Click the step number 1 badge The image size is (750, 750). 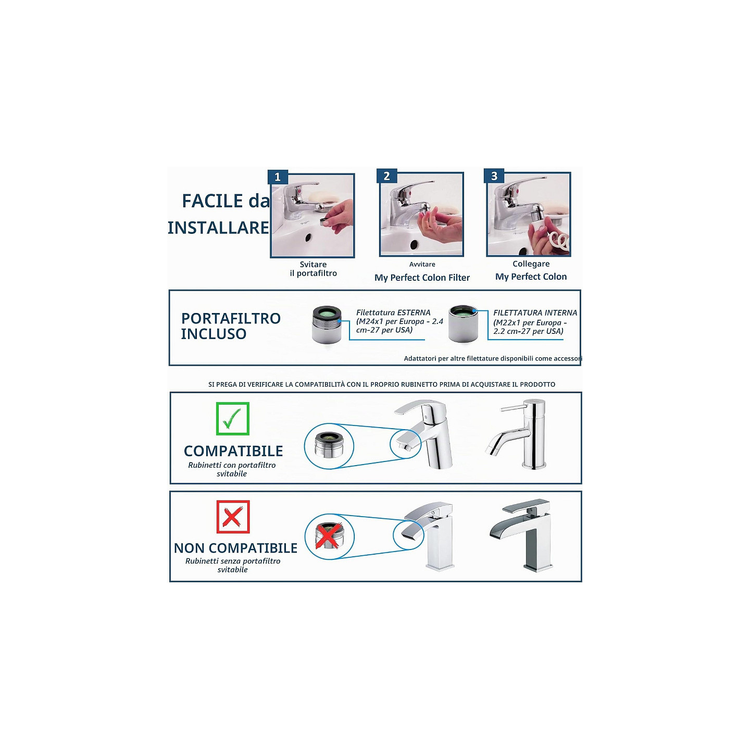(x=278, y=177)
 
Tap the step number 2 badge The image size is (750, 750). (x=386, y=176)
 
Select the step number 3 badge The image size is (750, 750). (x=494, y=176)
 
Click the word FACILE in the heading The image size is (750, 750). (x=213, y=201)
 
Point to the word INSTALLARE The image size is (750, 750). (x=218, y=228)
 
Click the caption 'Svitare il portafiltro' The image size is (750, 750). (x=314, y=269)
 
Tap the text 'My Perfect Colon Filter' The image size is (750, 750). (x=422, y=278)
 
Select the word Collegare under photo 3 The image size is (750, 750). (x=531, y=264)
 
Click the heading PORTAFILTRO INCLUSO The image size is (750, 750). (x=231, y=326)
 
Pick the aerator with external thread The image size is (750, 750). (x=327, y=324)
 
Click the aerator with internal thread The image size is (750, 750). (x=463, y=323)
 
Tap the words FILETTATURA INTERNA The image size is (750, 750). (x=535, y=312)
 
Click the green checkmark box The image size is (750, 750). (x=233, y=419)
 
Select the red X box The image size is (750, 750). (x=233, y=517)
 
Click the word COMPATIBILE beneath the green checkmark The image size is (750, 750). (x=233, y=451)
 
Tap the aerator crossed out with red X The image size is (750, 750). (x=329, y=535)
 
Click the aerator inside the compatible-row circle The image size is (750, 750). (x=329, y=444)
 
